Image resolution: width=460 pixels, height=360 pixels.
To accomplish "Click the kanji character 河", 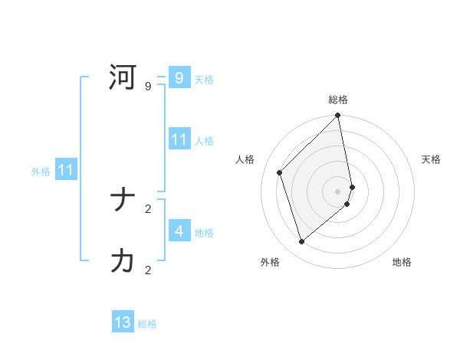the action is pos(123,78).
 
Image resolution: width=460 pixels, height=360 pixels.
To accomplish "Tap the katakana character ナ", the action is pos(123,201).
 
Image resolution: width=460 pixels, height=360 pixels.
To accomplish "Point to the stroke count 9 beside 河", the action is pos(148,87).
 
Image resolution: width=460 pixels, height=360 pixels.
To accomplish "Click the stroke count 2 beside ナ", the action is pos(148,208).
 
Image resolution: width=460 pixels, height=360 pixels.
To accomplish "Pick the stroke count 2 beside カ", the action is pos(148,270).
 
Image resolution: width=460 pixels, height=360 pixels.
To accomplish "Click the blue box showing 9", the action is pos(179,78).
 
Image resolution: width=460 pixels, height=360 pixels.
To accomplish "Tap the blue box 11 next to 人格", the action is pos(179,139).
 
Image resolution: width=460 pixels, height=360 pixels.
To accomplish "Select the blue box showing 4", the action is pos(179,231).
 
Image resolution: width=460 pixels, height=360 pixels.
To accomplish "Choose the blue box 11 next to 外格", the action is pos(65,171).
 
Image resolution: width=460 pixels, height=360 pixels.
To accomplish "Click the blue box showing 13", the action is pos(123,322).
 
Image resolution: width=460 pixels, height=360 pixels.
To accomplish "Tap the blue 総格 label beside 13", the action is pos(147,324).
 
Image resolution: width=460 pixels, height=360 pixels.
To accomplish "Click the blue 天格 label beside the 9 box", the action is pos(204,80).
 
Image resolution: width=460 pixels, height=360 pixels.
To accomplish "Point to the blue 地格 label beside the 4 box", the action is pos(204,232).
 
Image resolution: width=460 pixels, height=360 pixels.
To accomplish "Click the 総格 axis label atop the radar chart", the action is pos(338,100).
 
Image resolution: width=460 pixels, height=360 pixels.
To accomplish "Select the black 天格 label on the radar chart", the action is pos(431,159).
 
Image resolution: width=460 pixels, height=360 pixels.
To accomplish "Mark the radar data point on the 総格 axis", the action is pos(338,116).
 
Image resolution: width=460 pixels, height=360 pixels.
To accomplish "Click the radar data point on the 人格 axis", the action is pos(280,172).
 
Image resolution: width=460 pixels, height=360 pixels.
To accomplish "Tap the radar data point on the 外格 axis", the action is pos(302,241).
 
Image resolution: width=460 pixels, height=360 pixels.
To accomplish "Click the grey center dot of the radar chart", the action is pos(338,191).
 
